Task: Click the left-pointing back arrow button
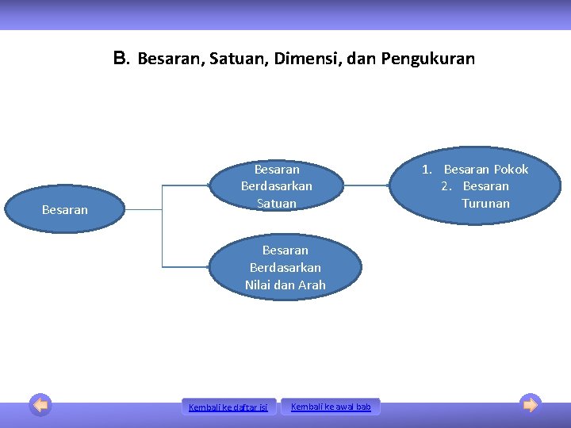click(40, 405)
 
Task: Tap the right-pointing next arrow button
click(531, 405)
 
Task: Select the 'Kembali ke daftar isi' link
click(229, 407)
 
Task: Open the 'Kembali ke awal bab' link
click(331, 407)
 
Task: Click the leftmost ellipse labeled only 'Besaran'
click(64, 210)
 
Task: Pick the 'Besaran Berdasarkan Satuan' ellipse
click(277, 186)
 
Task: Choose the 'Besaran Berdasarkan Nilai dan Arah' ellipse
click(285, 267)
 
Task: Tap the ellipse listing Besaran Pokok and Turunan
click(475, 186)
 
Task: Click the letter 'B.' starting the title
click(121, 58)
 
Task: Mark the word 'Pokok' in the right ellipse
click(511, 169)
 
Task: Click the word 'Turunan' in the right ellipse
click(486, 204)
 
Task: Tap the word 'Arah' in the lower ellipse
click(310, 285)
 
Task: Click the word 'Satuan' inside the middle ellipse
click(277, 204)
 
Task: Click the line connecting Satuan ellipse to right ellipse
click(367, 185)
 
